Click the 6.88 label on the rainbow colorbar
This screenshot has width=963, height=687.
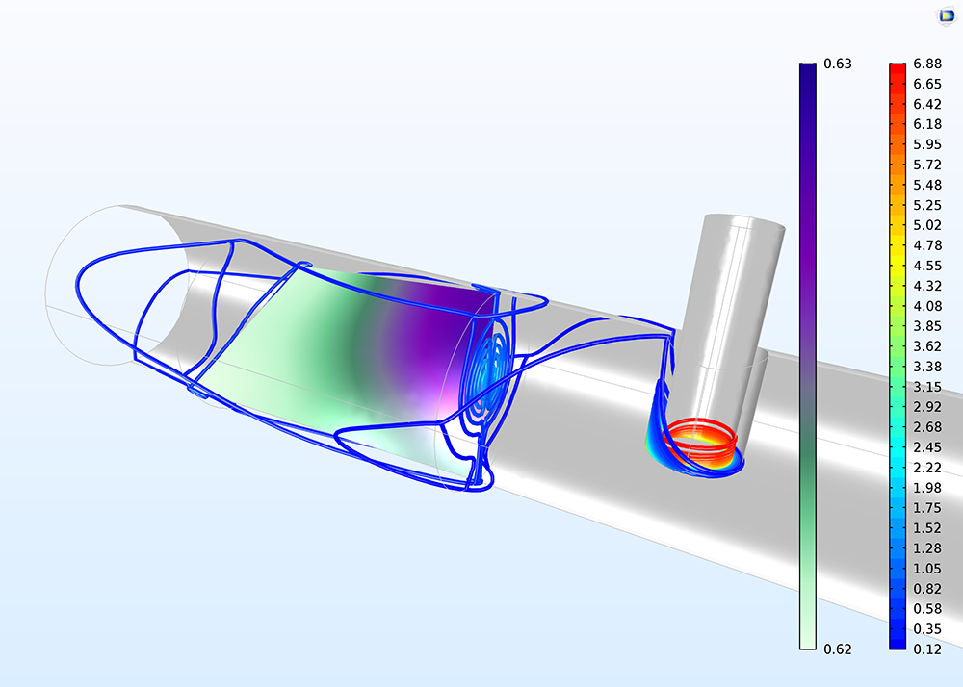927,64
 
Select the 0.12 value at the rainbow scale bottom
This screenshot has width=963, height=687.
927,649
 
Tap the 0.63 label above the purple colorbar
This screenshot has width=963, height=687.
838,64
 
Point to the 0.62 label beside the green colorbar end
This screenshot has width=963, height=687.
838,649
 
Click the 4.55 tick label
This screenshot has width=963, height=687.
927,266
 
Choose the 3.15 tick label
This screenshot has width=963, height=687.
927,387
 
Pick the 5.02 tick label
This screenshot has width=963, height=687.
927,225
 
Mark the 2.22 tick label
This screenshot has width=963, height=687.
927,468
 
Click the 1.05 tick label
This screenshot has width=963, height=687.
927,569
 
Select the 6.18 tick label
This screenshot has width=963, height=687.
927,124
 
